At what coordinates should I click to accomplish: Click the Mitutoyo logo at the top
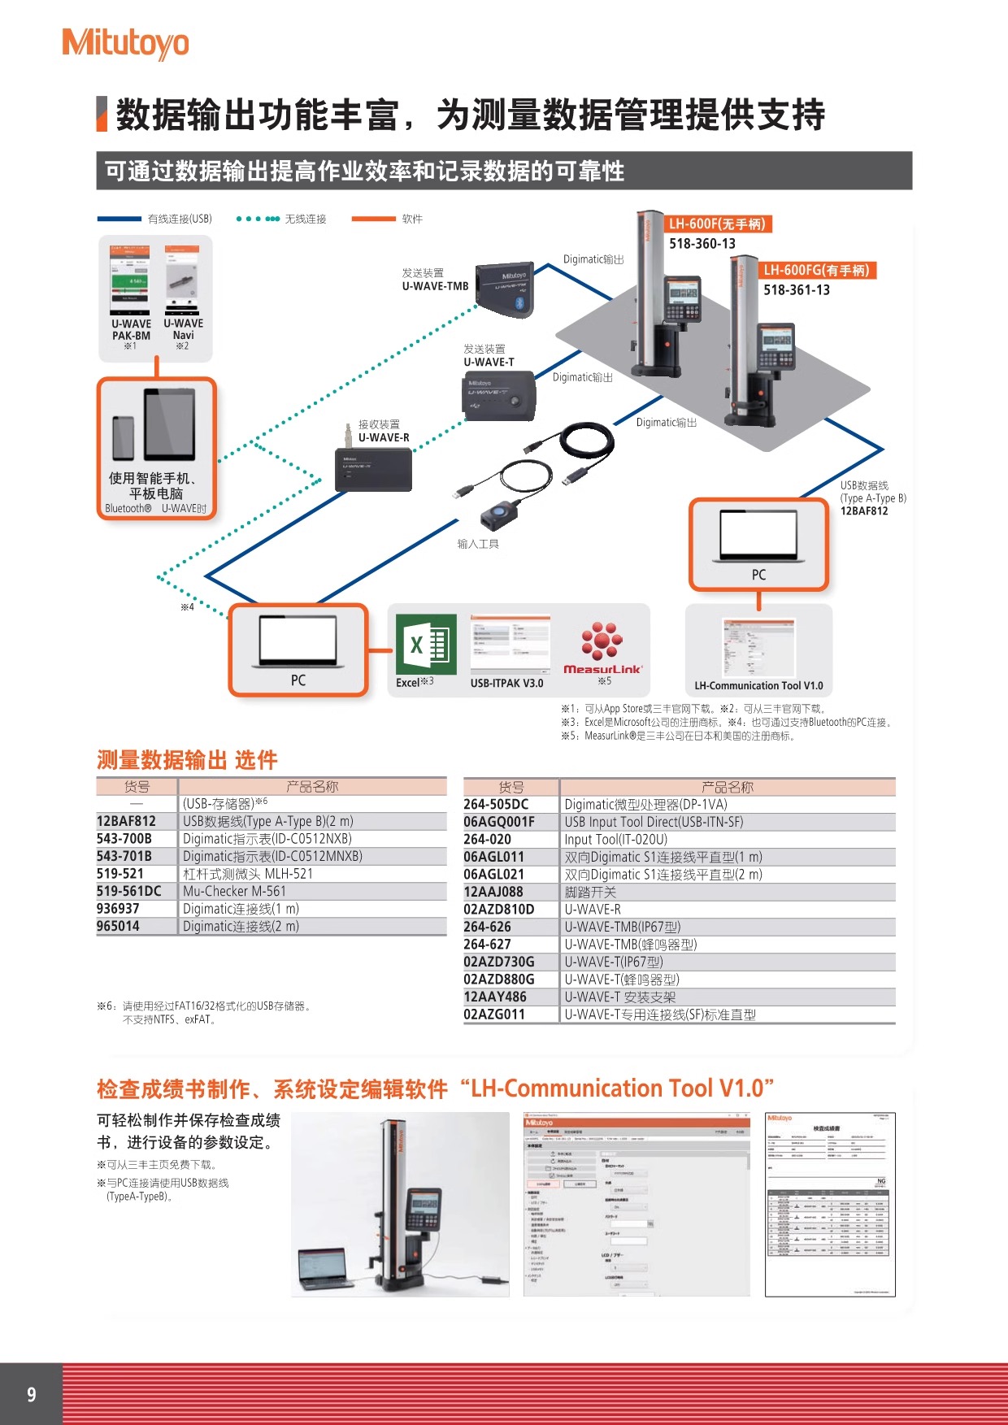pos(125,43)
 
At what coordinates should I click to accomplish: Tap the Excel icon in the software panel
pos(426,645)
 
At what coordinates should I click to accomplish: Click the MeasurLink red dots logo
pos(602,640)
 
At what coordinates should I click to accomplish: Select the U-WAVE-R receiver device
pos(374,469)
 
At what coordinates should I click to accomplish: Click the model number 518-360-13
pos(702,244)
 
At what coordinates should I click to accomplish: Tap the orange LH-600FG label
pos(818,270)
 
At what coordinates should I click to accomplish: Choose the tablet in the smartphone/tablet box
pos(170,424)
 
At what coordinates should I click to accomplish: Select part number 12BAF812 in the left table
pos(126,822)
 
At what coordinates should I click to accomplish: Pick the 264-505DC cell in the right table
pos(496,805)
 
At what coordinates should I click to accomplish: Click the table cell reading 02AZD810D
pos(499,910)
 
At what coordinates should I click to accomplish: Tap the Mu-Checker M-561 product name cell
pos(234,892)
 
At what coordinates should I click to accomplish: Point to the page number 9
pos(32,1395)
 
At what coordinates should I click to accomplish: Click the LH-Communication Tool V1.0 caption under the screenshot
pos(758,686)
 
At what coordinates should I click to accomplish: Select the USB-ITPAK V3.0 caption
pos(506,684)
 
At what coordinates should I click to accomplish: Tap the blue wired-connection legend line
pos(119,219)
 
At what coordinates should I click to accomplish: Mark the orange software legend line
pos(373,219)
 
